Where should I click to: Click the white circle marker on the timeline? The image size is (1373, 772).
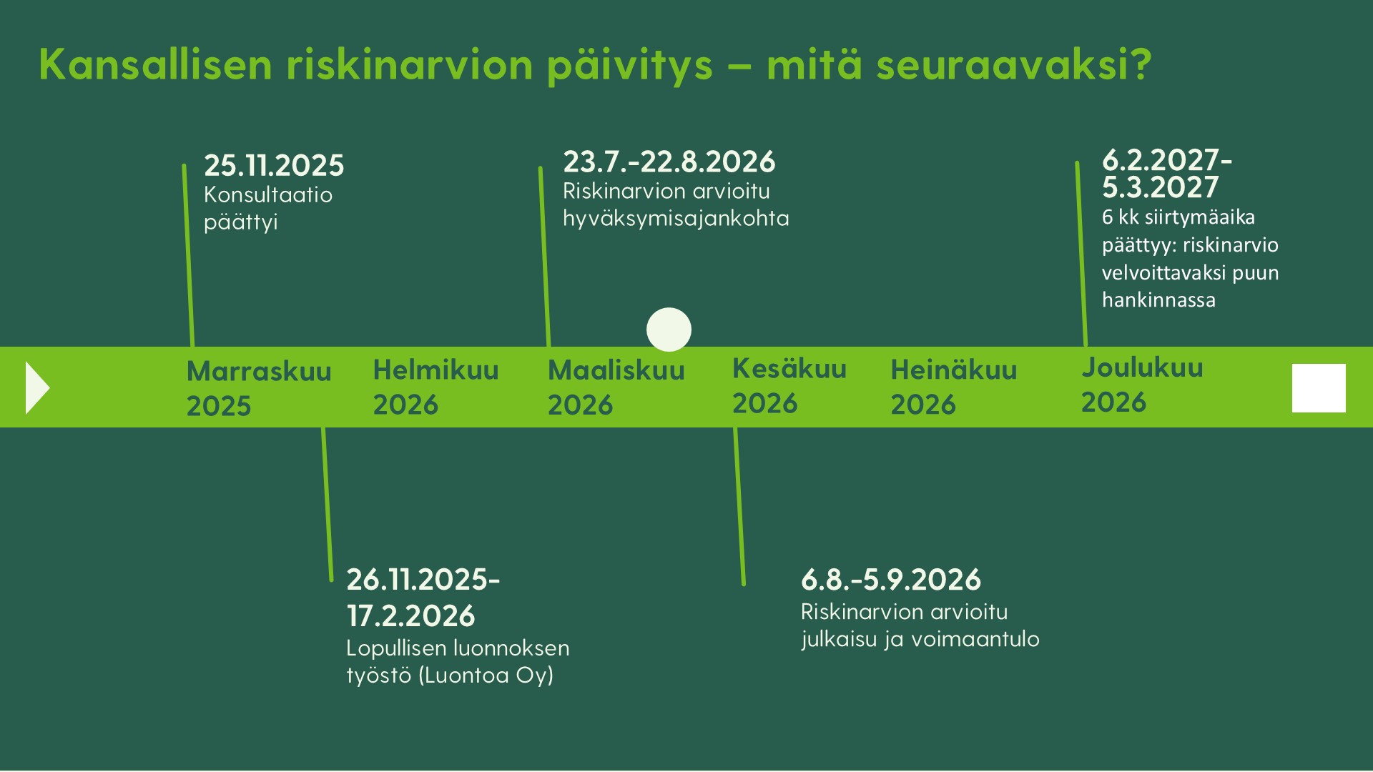(669, 330)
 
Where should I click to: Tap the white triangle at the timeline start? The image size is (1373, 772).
(36, 387)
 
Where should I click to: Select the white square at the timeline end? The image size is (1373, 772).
(1319, 388)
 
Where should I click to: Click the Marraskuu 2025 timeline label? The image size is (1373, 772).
(259, 388)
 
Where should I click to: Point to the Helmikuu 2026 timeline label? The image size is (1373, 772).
(435, 387)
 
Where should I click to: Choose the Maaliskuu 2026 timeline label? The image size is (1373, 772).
(616, 387)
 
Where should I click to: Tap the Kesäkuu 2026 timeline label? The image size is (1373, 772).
(789, 385)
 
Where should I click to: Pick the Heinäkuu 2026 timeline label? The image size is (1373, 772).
(953, 387)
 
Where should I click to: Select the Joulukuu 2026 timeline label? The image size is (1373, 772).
(1142, 384)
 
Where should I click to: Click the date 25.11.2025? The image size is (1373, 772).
(274, 165)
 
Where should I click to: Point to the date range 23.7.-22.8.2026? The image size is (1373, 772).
(669, 162)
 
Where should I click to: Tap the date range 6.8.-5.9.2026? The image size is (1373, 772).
(890, 580)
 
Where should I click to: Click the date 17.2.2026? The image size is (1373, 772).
(410, 615)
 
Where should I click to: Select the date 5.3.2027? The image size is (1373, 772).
(1160, 187)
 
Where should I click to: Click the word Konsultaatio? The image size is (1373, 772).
(268, 194)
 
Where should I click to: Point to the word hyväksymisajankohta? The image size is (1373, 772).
(676, 218)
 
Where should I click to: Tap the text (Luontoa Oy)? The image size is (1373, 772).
(486, 675)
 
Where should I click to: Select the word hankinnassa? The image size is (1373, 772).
(1158, 300)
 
